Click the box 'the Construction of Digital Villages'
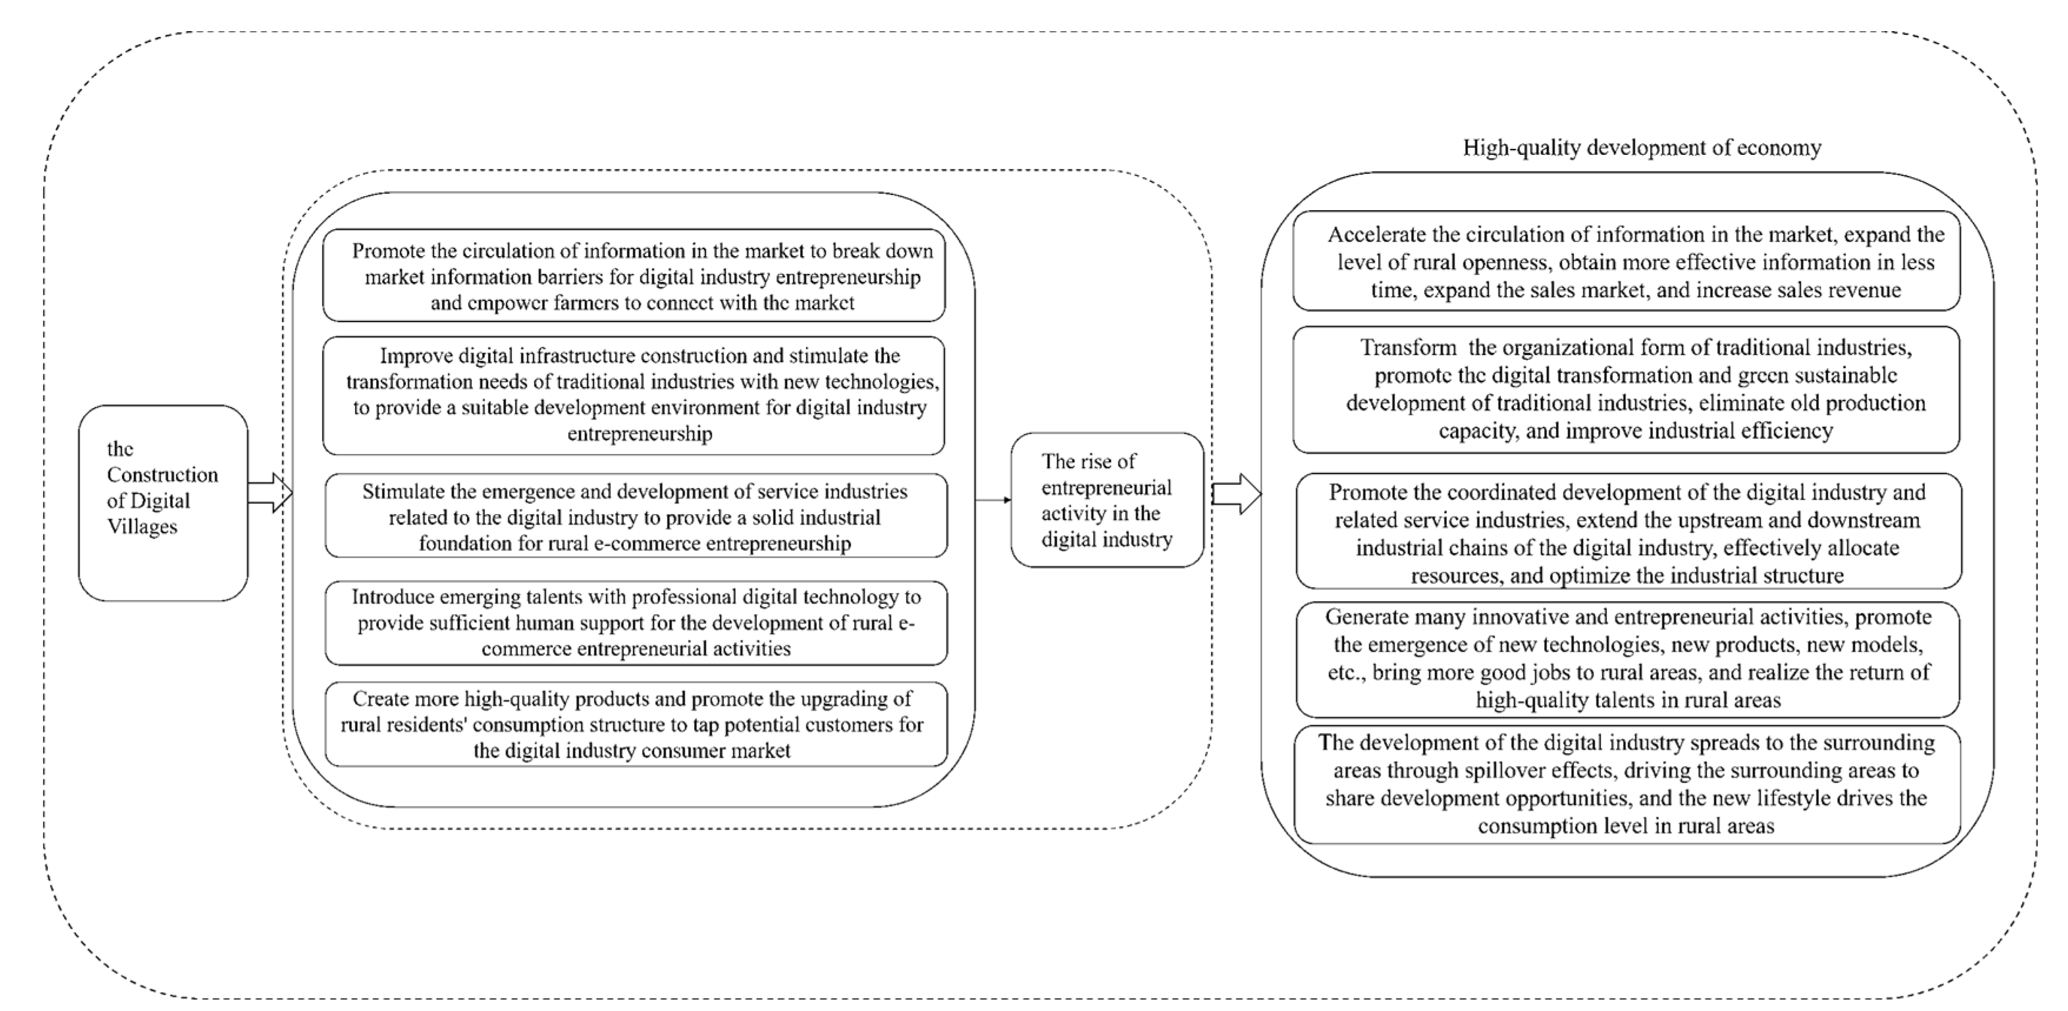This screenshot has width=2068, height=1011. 163,503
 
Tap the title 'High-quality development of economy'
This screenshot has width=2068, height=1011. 1642,148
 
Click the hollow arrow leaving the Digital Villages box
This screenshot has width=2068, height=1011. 270,492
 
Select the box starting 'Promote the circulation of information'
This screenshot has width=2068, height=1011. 633,276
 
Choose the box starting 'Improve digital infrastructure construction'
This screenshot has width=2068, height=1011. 633,395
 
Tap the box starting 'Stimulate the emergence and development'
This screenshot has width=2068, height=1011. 636,516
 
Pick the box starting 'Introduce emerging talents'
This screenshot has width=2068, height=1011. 636,623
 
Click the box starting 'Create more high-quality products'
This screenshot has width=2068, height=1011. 636,724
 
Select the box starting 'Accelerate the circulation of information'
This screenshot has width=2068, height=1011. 1626,261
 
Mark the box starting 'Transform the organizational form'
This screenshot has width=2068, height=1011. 1626,389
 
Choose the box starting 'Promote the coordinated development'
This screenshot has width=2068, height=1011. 1628,532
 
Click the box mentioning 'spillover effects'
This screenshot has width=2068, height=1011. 1627,784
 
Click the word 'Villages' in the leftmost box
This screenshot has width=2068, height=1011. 142,528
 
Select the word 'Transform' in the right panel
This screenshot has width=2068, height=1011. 1408,349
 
